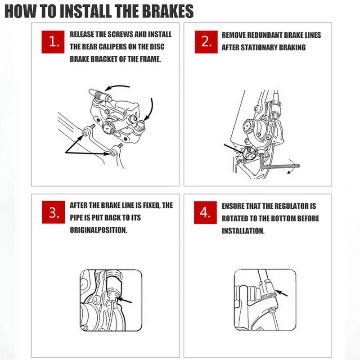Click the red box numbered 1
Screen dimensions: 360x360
pos(53,42)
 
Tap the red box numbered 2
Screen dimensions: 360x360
pos(206,42)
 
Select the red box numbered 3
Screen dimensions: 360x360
pos(53,212)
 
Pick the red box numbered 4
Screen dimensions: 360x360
pos(205,212)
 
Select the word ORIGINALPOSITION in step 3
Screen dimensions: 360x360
pos(98,230)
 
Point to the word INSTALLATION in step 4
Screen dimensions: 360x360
pos(243,231)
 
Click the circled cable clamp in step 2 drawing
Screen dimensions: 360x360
pos(249,153)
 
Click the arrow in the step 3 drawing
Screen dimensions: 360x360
pos(125,300)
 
